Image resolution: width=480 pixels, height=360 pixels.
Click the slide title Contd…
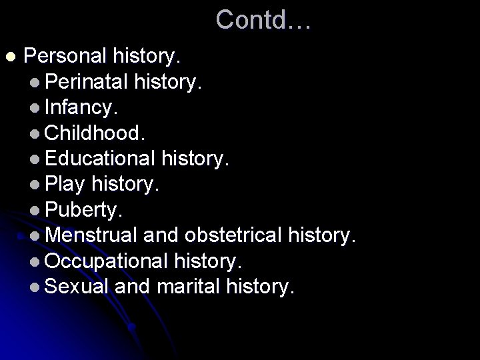click(x=263, y=20)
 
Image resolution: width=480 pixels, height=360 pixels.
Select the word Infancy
click(x=83, y=106)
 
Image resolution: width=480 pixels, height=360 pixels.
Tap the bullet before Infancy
click(x=35, y=107)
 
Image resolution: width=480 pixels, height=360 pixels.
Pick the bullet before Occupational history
click(x=35, y=262)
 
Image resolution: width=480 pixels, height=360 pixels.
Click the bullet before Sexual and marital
click(x=35, y=288)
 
